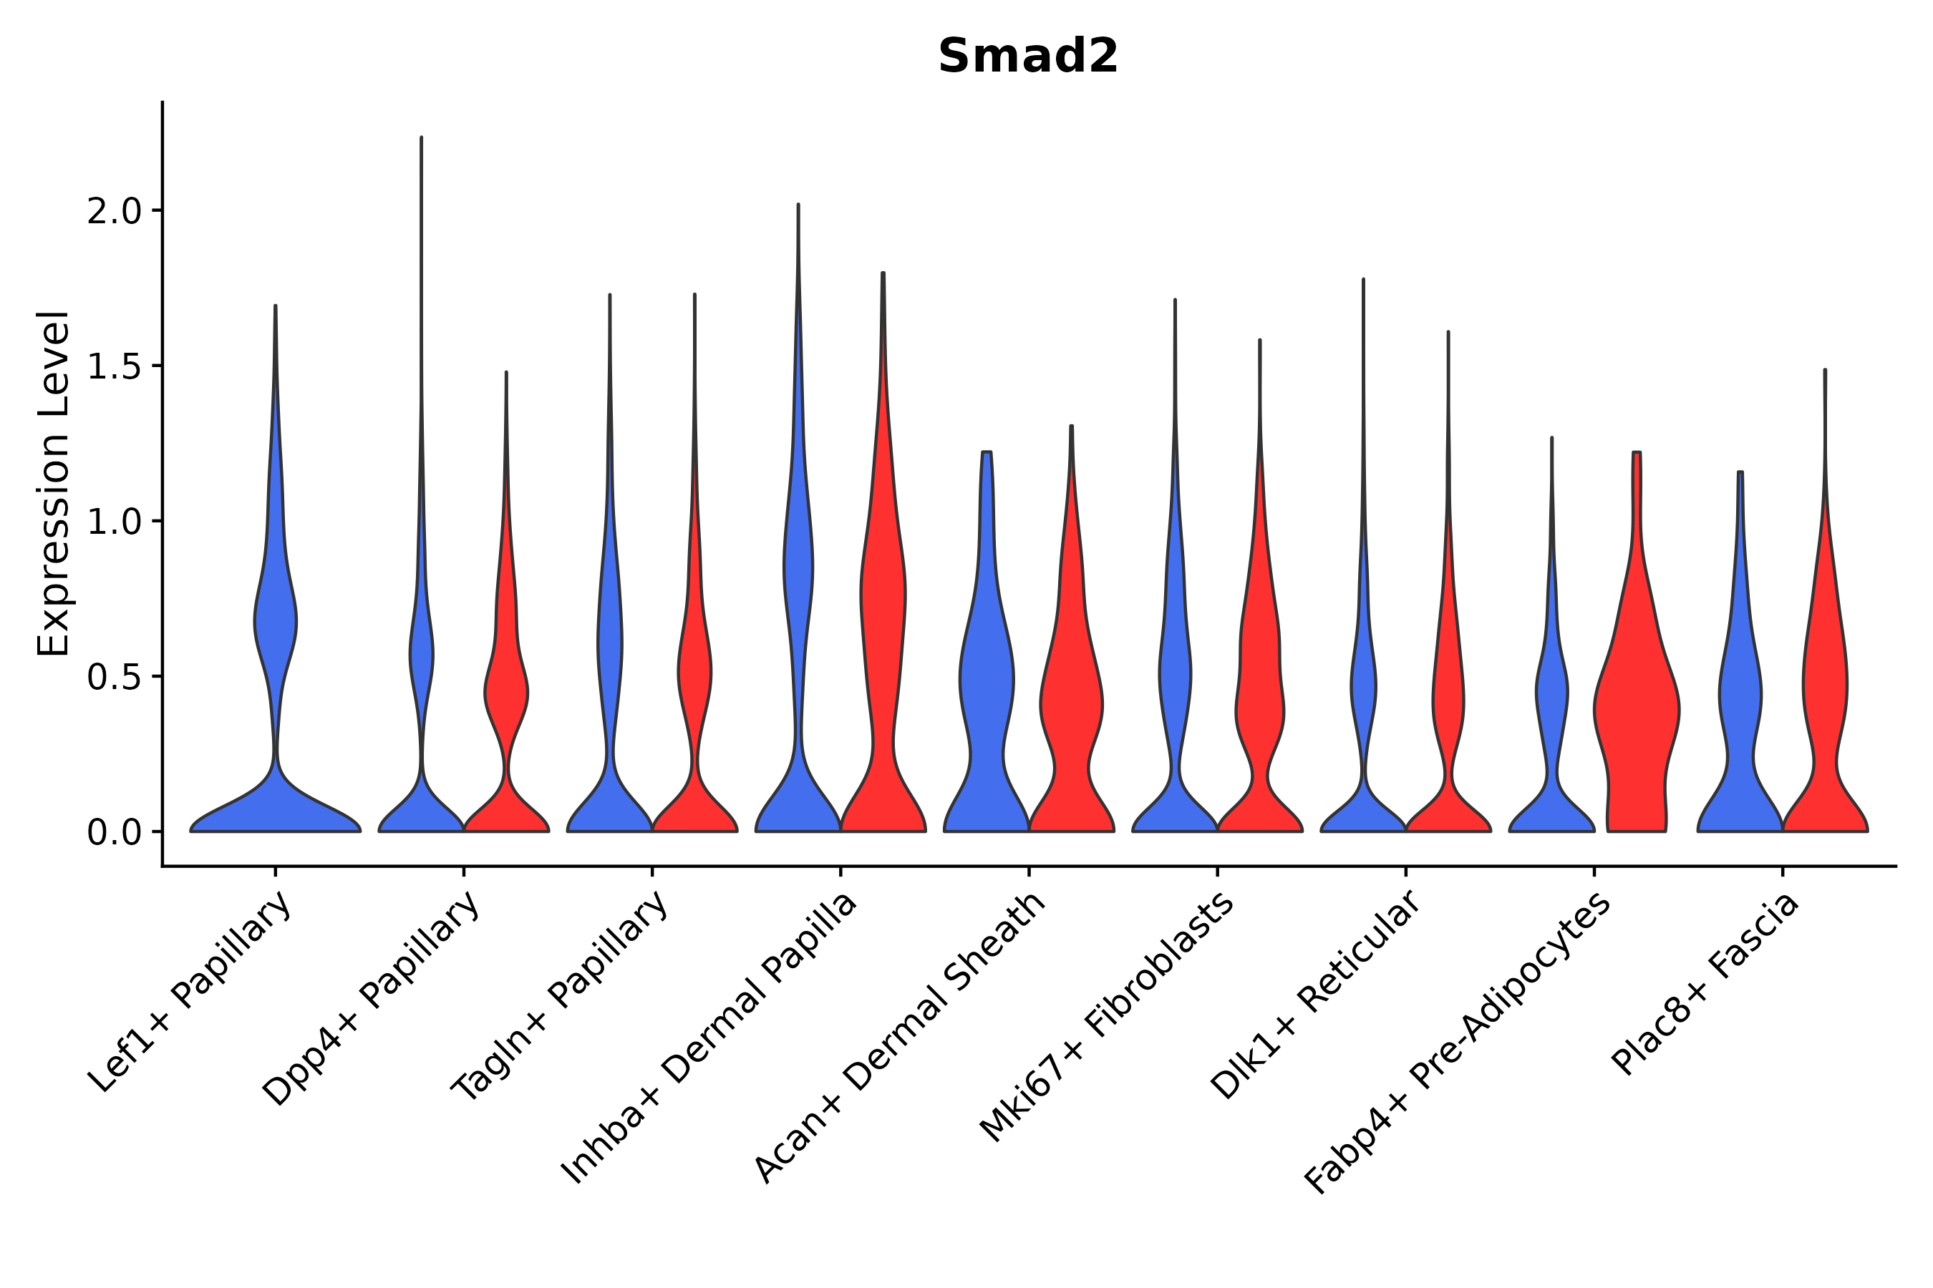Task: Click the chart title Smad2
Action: [1027, 57]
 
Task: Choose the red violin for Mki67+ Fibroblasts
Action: [1259, 698]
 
